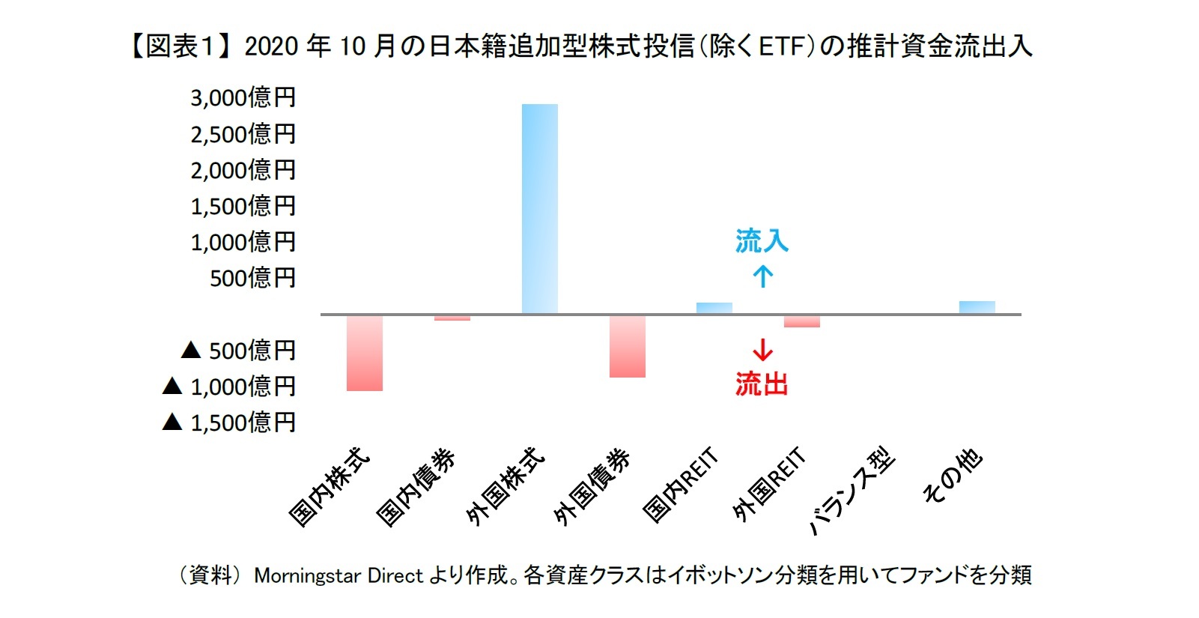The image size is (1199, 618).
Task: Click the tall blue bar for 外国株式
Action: [x=539, y=209]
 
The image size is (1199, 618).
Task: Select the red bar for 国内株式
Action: [x=365, y=353]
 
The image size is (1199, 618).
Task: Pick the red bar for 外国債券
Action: [x=627, y=346]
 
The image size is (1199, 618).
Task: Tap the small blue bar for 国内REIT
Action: [x=714, y=308]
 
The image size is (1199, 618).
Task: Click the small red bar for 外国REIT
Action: [x=801, y=321]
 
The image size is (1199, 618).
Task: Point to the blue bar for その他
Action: [x=977, y=307]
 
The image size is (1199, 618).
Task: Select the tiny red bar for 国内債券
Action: [x=452, y=318]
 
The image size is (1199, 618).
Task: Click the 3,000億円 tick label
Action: [x=243, y=97]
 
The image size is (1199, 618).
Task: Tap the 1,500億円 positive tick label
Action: [x=243, y=206]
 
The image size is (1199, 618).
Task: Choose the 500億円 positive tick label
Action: [x=252, y=278]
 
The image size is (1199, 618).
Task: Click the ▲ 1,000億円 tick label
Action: [x=229, y=387]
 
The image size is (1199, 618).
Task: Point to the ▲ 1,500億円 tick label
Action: [x=229, y=422]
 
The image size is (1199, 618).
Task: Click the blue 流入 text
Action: [x=762, y=241]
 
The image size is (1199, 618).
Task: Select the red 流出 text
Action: [x=762, y=384]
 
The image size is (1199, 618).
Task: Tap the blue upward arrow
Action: [x=762, y=276]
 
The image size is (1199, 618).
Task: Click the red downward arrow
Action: [x=762, y=350]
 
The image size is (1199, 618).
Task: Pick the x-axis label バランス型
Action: [x=852, y=491]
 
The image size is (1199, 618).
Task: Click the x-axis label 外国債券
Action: [x=592, y=487]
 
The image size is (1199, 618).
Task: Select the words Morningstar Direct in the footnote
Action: [x=339, y=575]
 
